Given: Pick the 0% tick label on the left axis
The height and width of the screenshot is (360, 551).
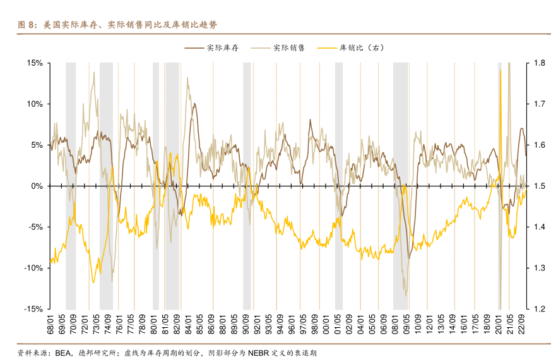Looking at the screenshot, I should [37, 186].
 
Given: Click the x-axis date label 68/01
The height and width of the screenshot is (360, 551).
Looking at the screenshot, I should [50, 325].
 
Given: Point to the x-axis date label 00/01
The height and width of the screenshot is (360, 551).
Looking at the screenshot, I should [326, 325].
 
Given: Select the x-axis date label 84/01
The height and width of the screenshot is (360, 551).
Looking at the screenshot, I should [188, 325].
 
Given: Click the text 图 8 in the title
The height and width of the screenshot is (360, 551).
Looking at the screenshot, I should [26, 25].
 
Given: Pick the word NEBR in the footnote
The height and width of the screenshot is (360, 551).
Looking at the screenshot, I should [258, 352].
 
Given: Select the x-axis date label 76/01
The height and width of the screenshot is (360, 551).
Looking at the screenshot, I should [119, 325].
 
